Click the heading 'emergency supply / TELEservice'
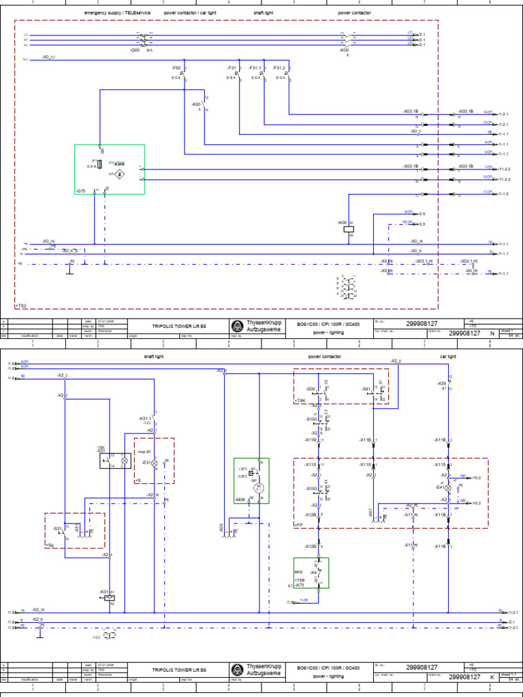pos(117,13)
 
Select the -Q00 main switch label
pos(133,50)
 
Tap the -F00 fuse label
pos(176,68)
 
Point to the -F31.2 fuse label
pos(279,68)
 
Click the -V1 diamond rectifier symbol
pos(120,174)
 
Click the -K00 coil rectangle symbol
pos(349,229)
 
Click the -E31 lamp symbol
pos(154,463)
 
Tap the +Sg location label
pos(50,545)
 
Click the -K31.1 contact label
pos(146,418)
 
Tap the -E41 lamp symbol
pos(449,488)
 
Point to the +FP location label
pos(298,525)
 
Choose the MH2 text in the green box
pos(298,572)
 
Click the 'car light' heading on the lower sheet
pos(447,356)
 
